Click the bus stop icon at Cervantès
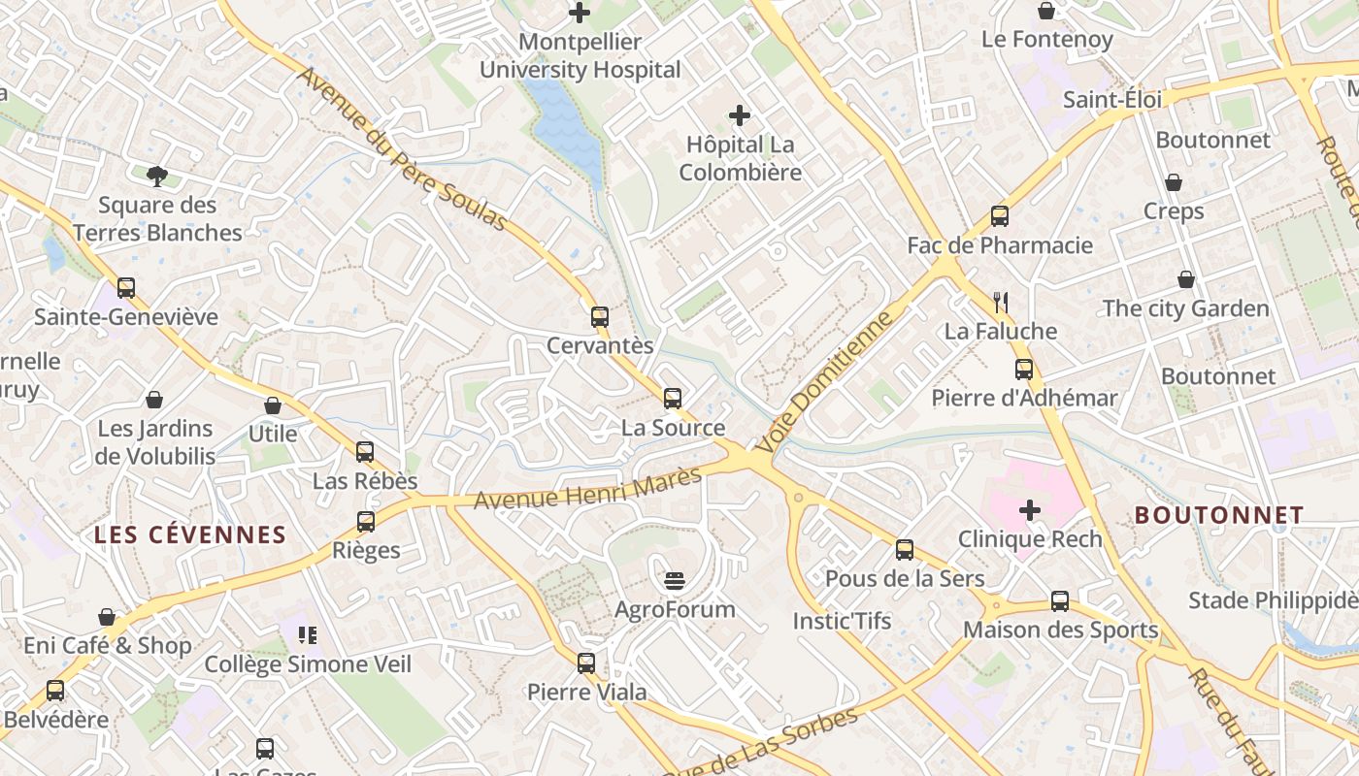[600, 316]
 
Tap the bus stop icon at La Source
[673, 398]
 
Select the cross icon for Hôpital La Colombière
[740, 115]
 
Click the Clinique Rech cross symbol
[1030, 509]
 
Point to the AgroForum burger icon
[676, 581]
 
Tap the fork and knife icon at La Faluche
[1002, 303]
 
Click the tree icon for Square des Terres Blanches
[157, 176]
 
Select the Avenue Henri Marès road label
[587, 488]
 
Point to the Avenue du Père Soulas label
[402, 148]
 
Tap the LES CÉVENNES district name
[190, 534]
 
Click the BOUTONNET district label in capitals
[1219, 515]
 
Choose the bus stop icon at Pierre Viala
[586, 663]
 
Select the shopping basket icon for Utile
[273, 405]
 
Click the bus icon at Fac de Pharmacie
[1000, 216]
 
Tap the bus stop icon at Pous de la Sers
[905, 550]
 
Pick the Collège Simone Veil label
[308, 664]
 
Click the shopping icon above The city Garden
[1185, 280]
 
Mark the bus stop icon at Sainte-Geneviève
[126, 288]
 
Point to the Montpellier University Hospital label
[580, 56]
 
